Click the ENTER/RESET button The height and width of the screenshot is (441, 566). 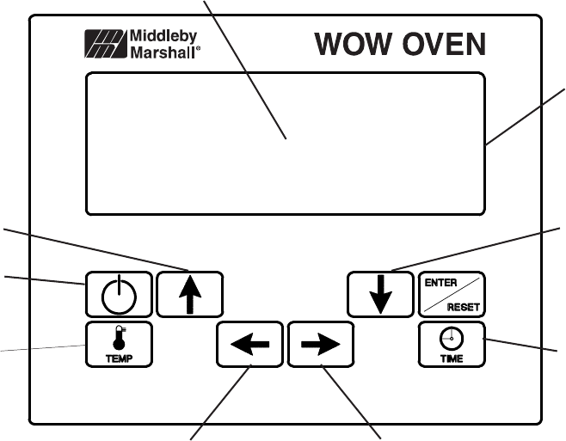coord(452,294)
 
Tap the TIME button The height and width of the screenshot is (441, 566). coord(452,344)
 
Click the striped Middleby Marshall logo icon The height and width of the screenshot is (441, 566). coord(104,44)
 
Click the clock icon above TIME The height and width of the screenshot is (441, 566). coord(452,338)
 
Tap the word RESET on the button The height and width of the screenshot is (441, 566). coord(465,305)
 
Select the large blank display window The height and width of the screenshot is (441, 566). coord(285,143)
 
